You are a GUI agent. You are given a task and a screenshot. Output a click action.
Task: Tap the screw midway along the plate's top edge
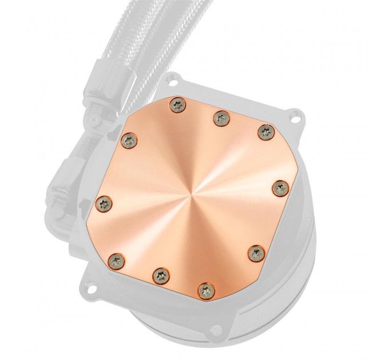click(x=219, y=118)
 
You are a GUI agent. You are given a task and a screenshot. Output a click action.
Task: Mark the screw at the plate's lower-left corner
click(x=118, y=257)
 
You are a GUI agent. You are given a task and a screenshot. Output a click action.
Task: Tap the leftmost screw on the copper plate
click(x=105, y=201)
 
